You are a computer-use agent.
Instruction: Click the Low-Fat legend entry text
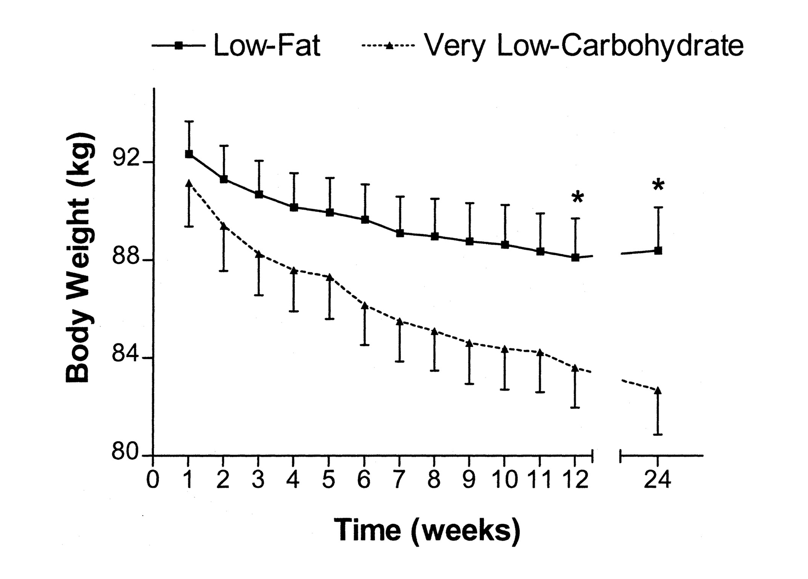[x=267, y=46]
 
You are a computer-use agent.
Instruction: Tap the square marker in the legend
[x=179, y=45]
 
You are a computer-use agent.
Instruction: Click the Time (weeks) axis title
[x=427, y=531]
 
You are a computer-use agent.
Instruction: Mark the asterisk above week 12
[x=577, y=197]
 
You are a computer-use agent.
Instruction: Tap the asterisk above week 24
[x=658, y=185]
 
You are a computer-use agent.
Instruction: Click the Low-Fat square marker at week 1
[x=189, y=154]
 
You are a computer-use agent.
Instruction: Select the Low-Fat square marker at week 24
[x=658, y=251]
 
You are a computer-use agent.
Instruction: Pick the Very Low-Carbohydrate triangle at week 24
[x=658, y=390]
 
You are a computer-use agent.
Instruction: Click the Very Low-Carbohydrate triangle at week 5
[x=329, y=277]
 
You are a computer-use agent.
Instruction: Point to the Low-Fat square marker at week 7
[x=400, y=233]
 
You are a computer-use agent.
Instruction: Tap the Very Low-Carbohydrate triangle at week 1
[x=189, y=183]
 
